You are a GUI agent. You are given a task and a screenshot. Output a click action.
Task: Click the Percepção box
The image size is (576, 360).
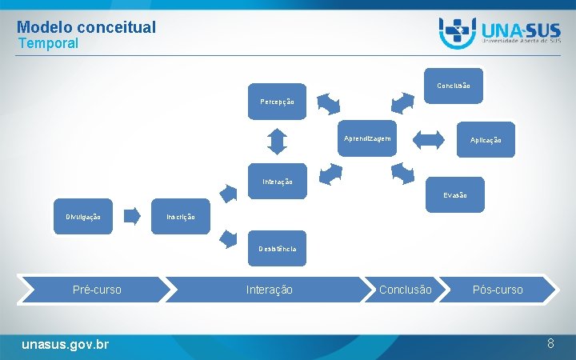click(x=277, y=102)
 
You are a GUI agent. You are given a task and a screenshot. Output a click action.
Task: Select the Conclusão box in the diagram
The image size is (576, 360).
click(x=454, y=86)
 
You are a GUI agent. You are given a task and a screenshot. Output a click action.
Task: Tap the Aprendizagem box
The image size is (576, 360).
click(x=367, y=138)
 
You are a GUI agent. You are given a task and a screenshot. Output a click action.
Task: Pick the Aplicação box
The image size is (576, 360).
click(x=486, y=140)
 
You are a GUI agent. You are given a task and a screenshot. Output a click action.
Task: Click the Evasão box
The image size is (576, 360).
click(x=454, y=195)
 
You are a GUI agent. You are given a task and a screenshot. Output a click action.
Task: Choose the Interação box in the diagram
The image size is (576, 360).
click(x=277, y=182)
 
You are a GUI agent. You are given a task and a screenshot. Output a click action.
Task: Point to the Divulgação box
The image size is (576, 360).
click(x=83, y=217)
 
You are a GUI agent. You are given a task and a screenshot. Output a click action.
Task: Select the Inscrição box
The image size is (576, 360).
click(x=181, y=217)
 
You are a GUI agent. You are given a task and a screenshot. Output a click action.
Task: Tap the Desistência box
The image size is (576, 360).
click(x=277, y=249)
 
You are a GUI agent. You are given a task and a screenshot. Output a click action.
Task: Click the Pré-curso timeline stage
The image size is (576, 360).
click(x=97, y=290)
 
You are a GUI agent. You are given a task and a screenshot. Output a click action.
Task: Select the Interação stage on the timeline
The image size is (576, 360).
click(x=269, y=290)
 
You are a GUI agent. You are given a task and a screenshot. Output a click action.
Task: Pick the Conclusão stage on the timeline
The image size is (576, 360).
click(x=405, y=290)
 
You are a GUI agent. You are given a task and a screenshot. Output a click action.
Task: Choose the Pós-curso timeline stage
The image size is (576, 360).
click(x=497, y=290)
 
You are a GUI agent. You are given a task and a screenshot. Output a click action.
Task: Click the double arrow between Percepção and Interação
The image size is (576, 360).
click(x=277, y=141)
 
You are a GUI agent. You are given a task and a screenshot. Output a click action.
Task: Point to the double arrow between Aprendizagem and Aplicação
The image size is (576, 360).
click(x=428, y=139)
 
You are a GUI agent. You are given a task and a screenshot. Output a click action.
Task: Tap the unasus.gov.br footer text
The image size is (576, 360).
click(x=66, y=344)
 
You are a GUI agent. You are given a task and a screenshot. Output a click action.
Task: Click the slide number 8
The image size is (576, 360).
click(x=550, y=343)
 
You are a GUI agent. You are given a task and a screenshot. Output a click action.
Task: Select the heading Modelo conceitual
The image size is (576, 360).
click(x=86, y=27)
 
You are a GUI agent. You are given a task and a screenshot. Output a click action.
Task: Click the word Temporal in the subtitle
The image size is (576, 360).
click(x=48, y=43)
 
